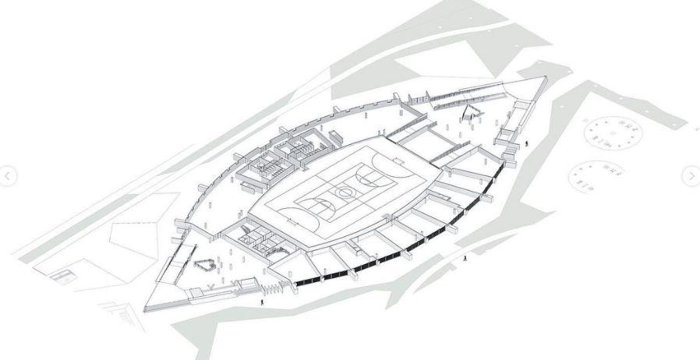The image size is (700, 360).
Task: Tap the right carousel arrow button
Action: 691,176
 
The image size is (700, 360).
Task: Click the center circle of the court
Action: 341,191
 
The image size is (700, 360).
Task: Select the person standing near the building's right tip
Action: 525,143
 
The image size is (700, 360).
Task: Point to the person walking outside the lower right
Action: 465,258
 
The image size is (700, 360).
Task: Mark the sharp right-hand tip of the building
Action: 546,78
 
